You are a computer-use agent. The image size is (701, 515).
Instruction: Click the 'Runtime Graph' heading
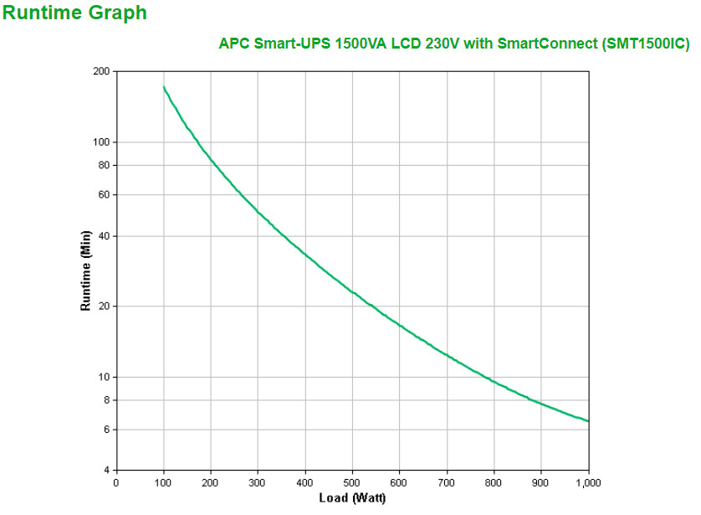point(75,13)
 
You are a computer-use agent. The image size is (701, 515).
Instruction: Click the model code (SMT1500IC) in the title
point(646,44)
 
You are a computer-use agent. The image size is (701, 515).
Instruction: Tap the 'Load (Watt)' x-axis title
point(352,499)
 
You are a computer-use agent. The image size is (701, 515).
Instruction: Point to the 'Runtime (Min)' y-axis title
point(85,273)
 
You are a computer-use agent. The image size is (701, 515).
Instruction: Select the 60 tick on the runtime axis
point(105,194)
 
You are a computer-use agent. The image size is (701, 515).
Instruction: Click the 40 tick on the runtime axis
point(105,236)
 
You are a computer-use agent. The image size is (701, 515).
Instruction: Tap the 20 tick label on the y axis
point(105,306)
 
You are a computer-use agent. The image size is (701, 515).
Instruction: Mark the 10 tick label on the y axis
point(105,377)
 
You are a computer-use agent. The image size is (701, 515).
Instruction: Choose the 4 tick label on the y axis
point(107,470)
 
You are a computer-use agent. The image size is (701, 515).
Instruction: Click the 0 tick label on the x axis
point(116,482)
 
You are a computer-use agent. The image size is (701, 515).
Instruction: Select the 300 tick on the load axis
point(258,482)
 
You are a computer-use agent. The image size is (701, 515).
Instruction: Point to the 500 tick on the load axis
point(352,482)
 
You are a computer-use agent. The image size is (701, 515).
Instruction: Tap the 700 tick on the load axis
point(447,482)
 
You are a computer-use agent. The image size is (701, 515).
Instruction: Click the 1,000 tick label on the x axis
point(588,482)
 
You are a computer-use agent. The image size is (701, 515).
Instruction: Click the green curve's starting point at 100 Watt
point(164,87)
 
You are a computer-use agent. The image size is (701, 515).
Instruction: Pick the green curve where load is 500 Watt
point(352,291)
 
